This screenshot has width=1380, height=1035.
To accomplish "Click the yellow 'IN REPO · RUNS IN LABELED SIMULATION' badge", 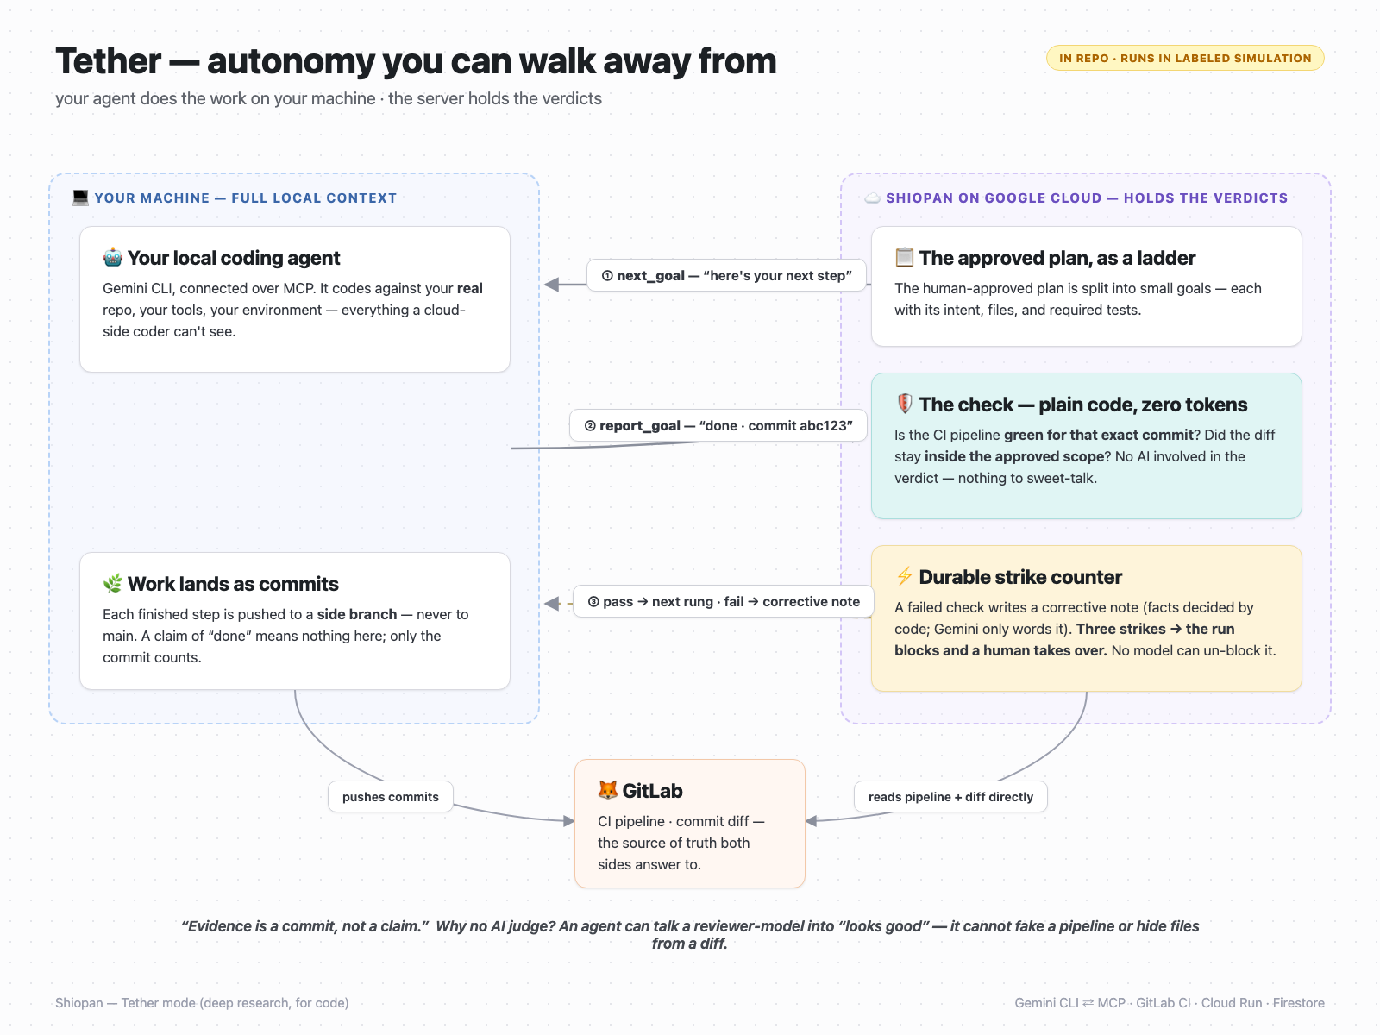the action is click(x=1185, y=59).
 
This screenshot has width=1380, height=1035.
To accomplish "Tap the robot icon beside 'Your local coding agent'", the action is click(x=112, y=258).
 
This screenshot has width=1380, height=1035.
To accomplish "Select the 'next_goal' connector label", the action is click(x=727, y=275).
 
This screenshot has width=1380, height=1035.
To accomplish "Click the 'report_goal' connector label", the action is click(x=718, y=425).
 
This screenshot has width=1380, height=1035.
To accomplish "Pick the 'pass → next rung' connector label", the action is click(x=724, y=601).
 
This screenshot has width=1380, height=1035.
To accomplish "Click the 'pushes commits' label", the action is click(x=391, y=797).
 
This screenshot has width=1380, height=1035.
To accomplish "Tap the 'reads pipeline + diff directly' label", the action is click(x=950, y=797).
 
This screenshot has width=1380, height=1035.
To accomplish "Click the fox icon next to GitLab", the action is click(x=608, y=790).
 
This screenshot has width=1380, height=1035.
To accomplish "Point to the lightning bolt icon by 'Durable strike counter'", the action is click(x=904, y=576).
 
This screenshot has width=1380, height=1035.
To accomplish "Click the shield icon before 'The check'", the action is click(x=904, y=404).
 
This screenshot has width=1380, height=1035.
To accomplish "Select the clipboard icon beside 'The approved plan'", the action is click(x=904, y=258).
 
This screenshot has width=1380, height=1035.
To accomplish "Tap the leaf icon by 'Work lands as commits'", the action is click(x=112, y=584).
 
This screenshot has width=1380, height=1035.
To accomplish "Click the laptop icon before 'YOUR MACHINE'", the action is click(x=80, y=198).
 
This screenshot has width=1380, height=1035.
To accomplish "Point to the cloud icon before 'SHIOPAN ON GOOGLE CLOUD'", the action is click(x=872, y=198).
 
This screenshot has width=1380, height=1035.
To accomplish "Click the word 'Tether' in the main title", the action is click(x=108, y=61).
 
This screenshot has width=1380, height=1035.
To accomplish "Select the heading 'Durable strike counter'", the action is click(x=1019, y=577).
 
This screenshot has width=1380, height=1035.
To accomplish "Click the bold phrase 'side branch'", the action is click(x=356, y=614).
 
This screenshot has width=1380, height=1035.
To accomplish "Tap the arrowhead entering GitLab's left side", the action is click(x=569, y=821).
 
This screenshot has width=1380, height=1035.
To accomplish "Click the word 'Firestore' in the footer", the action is click(x=1298, y=1003).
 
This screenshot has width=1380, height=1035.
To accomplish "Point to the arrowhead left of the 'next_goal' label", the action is click(x=551, y=285).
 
